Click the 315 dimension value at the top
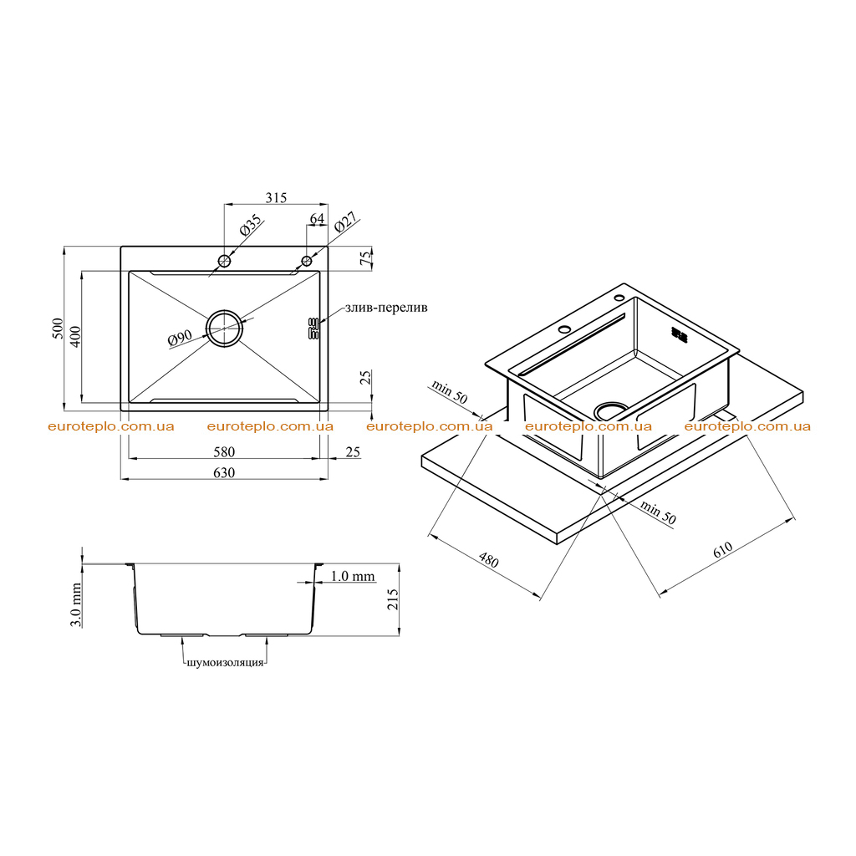276,197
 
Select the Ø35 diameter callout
251,225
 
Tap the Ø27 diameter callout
345,222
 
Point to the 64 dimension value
317,218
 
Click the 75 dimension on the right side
366,257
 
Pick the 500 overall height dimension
58,329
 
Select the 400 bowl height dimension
75,337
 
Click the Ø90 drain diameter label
181,338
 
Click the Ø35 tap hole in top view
224,261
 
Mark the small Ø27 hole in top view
307,261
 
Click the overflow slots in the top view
313,329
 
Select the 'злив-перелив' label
386,308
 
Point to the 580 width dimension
224,452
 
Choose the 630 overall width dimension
224,473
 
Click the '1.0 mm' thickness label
353,576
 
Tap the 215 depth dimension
393,599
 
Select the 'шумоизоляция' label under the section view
225,663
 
